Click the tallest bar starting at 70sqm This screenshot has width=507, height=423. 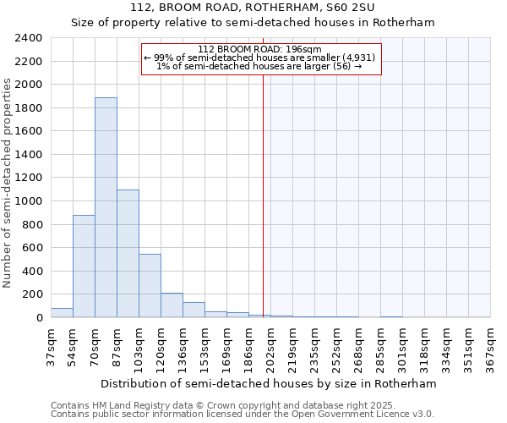pos(106,207)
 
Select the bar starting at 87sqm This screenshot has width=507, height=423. pos(128,254)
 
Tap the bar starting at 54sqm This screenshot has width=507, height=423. pos(84,266)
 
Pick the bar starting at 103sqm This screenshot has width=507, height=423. pos(150,286)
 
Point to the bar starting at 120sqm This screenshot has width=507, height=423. pos(172,305)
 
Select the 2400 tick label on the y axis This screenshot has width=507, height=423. pos(30,38)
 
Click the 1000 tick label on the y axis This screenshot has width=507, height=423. pos(30,201)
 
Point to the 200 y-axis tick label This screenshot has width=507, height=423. pos(33,294)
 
